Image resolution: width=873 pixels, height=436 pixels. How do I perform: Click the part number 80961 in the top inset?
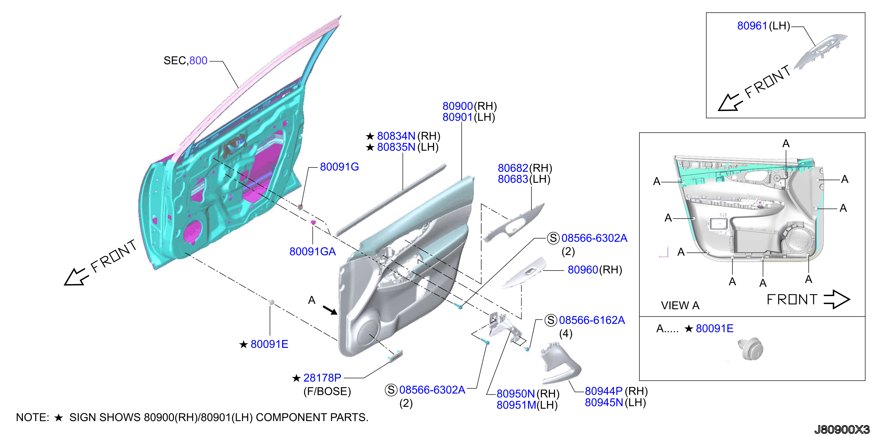pyautogui.click(x=752, y=26)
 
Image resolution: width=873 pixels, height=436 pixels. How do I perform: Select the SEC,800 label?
pyautogui.click(x=185, y=61)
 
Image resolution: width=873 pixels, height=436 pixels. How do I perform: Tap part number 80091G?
pyautogui.click(x=339, y=167)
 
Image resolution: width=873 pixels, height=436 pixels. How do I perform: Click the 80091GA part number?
pyautogui.click(x=312, y=251)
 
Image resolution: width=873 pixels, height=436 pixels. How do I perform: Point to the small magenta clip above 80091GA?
pyautogui.click(x=313, y=222)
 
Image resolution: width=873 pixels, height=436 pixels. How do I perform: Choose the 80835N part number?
pyautogui.click(x=396, y=147)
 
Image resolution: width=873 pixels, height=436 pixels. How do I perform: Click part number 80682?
pyautogui.click(x=513, y=168)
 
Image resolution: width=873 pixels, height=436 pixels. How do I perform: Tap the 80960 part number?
pyautogui.click(x=583, y=270)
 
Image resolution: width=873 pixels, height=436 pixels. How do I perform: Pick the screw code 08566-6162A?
pyautogui.click(x=592, y=320)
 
